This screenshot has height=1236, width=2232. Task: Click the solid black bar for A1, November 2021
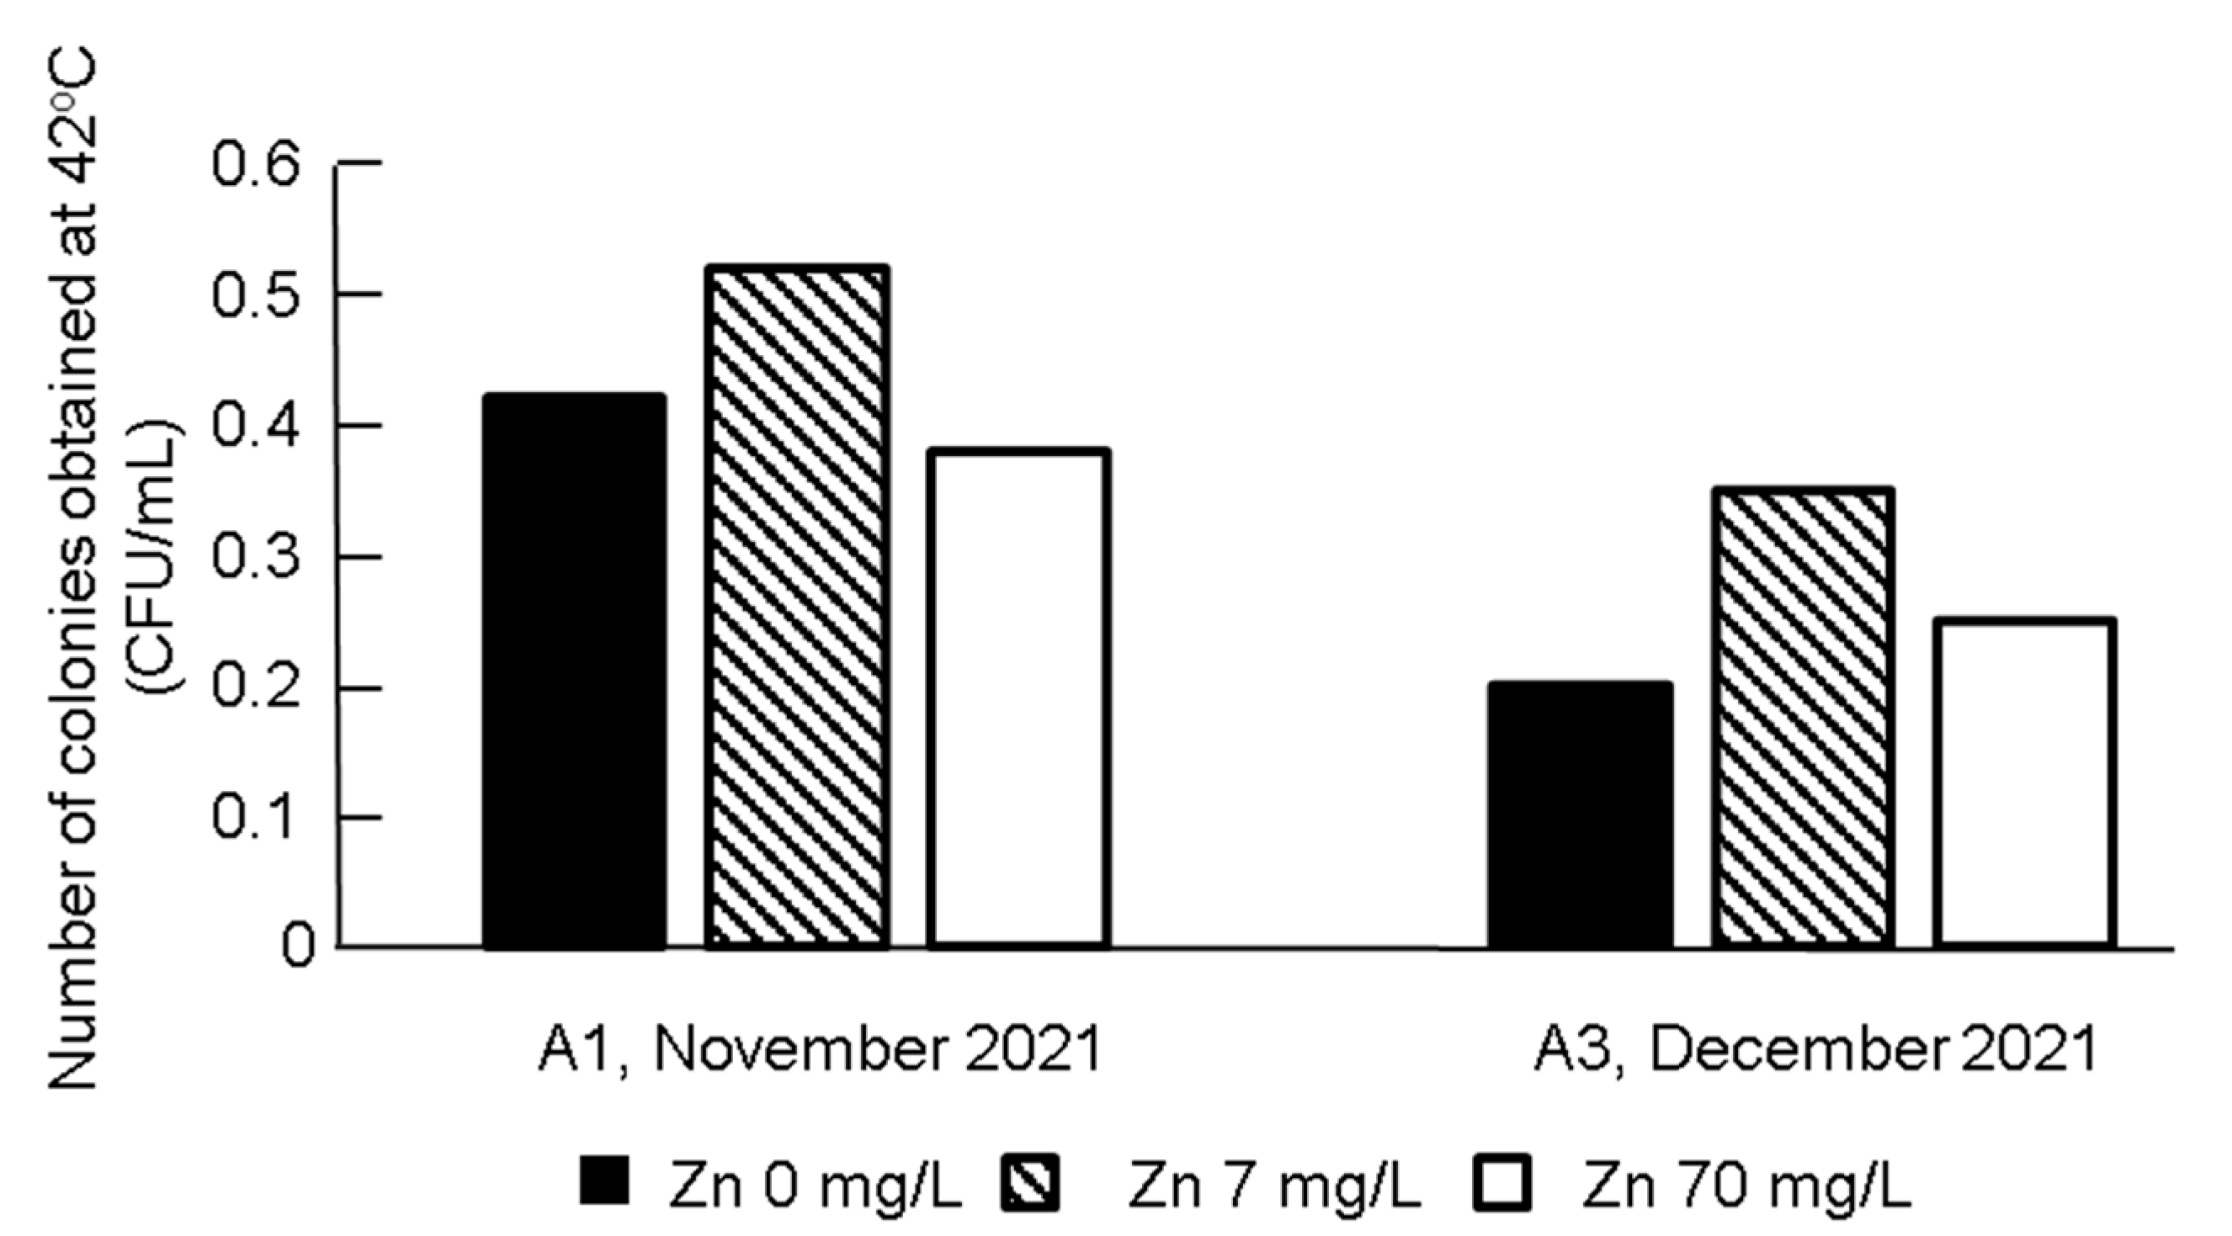575,671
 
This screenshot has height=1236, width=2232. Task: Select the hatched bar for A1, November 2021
797,607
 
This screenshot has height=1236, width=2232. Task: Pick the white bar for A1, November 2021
1018,698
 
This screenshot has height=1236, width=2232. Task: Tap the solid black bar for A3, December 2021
1580,814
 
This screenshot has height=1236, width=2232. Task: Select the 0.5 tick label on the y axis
257,294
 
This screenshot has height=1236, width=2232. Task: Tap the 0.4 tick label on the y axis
257,425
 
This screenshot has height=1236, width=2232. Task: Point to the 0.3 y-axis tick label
257,557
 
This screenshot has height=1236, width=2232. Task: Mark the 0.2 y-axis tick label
257,687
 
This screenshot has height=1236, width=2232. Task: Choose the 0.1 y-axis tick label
257,818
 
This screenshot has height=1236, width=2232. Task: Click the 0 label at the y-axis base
298,947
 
